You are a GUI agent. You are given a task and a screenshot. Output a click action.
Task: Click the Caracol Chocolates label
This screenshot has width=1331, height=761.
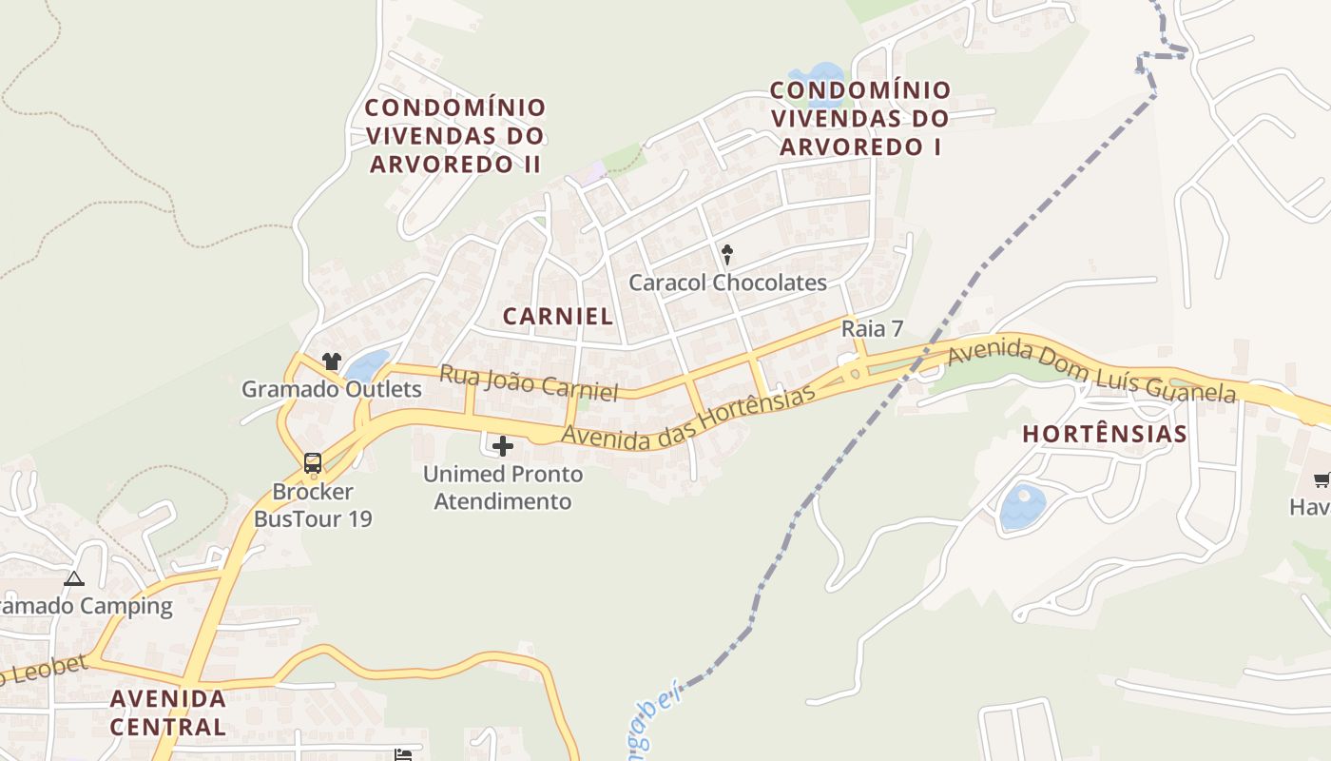pyautogui.click(x=727, y=283)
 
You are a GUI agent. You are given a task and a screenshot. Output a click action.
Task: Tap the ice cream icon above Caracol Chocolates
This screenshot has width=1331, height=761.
pyautogui.click(x=727, y=254)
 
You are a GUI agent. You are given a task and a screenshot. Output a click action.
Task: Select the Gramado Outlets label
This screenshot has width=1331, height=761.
pyautogui.click(x=331, y=389)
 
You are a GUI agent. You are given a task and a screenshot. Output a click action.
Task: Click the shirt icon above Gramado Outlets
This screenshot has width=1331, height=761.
pyautogui.click(x=331, y=361)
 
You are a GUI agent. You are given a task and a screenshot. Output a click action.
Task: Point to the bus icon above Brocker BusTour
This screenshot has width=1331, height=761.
pyautogui.click(x=313, y=463)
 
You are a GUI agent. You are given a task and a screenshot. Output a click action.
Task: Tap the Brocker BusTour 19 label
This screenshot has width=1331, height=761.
pyautogui.click(x=313, y=505)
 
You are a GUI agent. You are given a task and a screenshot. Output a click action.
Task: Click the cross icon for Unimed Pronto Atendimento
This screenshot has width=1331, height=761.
pyautogui.click(x=503, y=446)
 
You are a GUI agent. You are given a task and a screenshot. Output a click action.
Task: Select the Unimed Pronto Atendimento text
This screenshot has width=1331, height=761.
pyautogui.click(x=503, y=487)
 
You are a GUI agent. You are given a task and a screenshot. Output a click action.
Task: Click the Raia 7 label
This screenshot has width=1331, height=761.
pyautogui.click(x=872, y=329)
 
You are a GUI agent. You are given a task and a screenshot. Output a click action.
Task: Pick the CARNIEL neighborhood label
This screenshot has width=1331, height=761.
pyautogui.click(x=558, y=317)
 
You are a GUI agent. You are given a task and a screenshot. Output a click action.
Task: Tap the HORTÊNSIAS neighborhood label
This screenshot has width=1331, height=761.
pyautogui.click(x=1104, y=435)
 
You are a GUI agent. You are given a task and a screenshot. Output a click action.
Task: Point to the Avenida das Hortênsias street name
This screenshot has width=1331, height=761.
pyautogui.click(x=689, y=419)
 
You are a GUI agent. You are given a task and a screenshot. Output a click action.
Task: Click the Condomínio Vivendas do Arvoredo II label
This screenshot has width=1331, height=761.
pyautogui.click(x=455, y=135)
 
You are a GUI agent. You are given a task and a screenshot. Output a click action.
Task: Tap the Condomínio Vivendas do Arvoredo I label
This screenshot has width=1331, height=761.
pyautogui.click(x=859, y=118)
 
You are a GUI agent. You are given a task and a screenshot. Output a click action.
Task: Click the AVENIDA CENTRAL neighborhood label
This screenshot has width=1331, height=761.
pyautogui.click(x=168, y=712)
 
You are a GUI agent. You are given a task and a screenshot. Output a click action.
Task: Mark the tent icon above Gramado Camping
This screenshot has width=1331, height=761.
pyautogui.click(x=73, y=578)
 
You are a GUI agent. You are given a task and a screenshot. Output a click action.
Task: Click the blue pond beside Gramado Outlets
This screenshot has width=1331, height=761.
pyautogui.click(x=366, y=365)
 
